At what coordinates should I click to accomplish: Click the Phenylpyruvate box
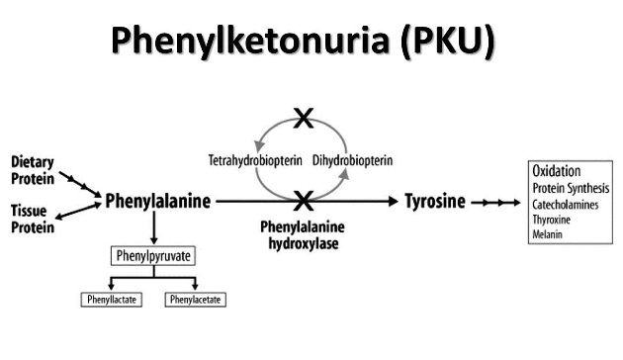151,256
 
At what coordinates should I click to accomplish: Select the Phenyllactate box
110,298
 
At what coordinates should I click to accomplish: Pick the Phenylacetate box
194,298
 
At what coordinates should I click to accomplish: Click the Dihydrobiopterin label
351,159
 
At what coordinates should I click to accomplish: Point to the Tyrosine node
435,201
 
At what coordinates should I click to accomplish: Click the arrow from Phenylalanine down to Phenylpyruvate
153,228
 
